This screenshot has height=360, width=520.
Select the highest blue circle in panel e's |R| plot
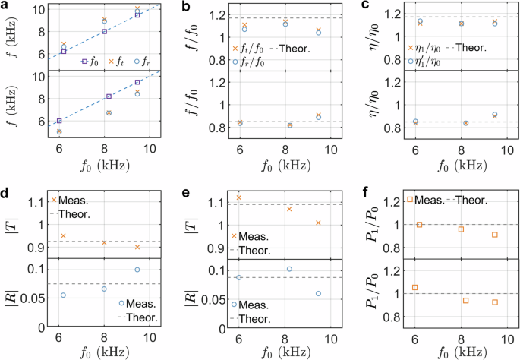(x=289, y=269)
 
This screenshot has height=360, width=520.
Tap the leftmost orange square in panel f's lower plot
(x=414, y=288)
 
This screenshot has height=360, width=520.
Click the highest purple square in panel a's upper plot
(x=137, y=14)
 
